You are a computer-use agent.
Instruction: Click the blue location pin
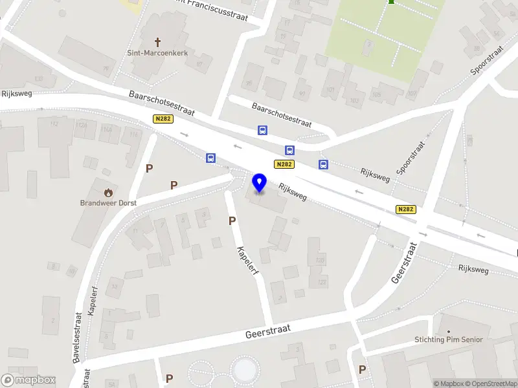[260, 183]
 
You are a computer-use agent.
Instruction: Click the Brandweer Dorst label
[109, 202]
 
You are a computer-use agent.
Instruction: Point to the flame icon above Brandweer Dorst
[108, 191]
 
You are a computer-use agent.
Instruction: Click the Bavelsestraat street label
[78, 337]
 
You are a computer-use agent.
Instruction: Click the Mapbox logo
[28, 380]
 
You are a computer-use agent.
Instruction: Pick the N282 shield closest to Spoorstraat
[406, 209]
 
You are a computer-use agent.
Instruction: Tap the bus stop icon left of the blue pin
[211, 158]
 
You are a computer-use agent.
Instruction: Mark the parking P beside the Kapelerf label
[232, 221]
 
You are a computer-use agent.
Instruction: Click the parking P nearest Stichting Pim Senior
[362, 369]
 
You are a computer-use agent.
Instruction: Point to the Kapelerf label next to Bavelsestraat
[92, 301]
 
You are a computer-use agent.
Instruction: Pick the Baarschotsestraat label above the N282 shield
[161, 103]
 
